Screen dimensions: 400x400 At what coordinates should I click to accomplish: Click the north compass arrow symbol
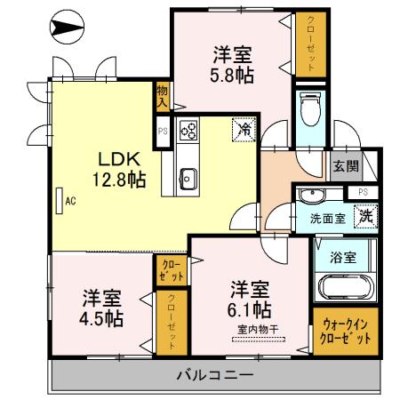point(67,27)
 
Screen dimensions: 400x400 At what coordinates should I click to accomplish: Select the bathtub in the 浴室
point(346,287)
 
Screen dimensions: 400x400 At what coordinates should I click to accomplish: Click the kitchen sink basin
point(188,179)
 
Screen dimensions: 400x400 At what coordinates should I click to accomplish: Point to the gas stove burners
point(188,131)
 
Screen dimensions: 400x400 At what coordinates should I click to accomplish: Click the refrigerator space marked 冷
point(244,129)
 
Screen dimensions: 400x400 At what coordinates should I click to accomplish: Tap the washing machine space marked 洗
point(366,216)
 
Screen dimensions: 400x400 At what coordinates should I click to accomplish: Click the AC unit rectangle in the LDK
point(60,201)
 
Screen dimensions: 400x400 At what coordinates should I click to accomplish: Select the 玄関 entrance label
point(346,166)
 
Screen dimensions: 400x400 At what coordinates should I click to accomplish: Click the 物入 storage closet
point(163,97)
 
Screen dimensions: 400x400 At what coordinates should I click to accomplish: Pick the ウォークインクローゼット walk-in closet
point(346,332)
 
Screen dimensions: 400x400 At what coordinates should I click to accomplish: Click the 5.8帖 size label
point(232,76)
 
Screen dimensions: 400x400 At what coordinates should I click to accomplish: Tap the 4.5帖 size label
point(101,318)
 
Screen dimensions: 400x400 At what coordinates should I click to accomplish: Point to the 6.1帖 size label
point(249,310)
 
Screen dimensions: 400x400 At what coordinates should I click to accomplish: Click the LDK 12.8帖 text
point(119,170)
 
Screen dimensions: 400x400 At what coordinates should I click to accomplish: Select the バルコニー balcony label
point(215,375)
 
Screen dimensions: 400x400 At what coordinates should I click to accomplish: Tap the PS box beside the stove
point(163,132)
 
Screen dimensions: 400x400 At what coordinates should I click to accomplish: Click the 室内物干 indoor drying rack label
point(258,329)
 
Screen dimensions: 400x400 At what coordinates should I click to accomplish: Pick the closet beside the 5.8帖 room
point(311,44)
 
